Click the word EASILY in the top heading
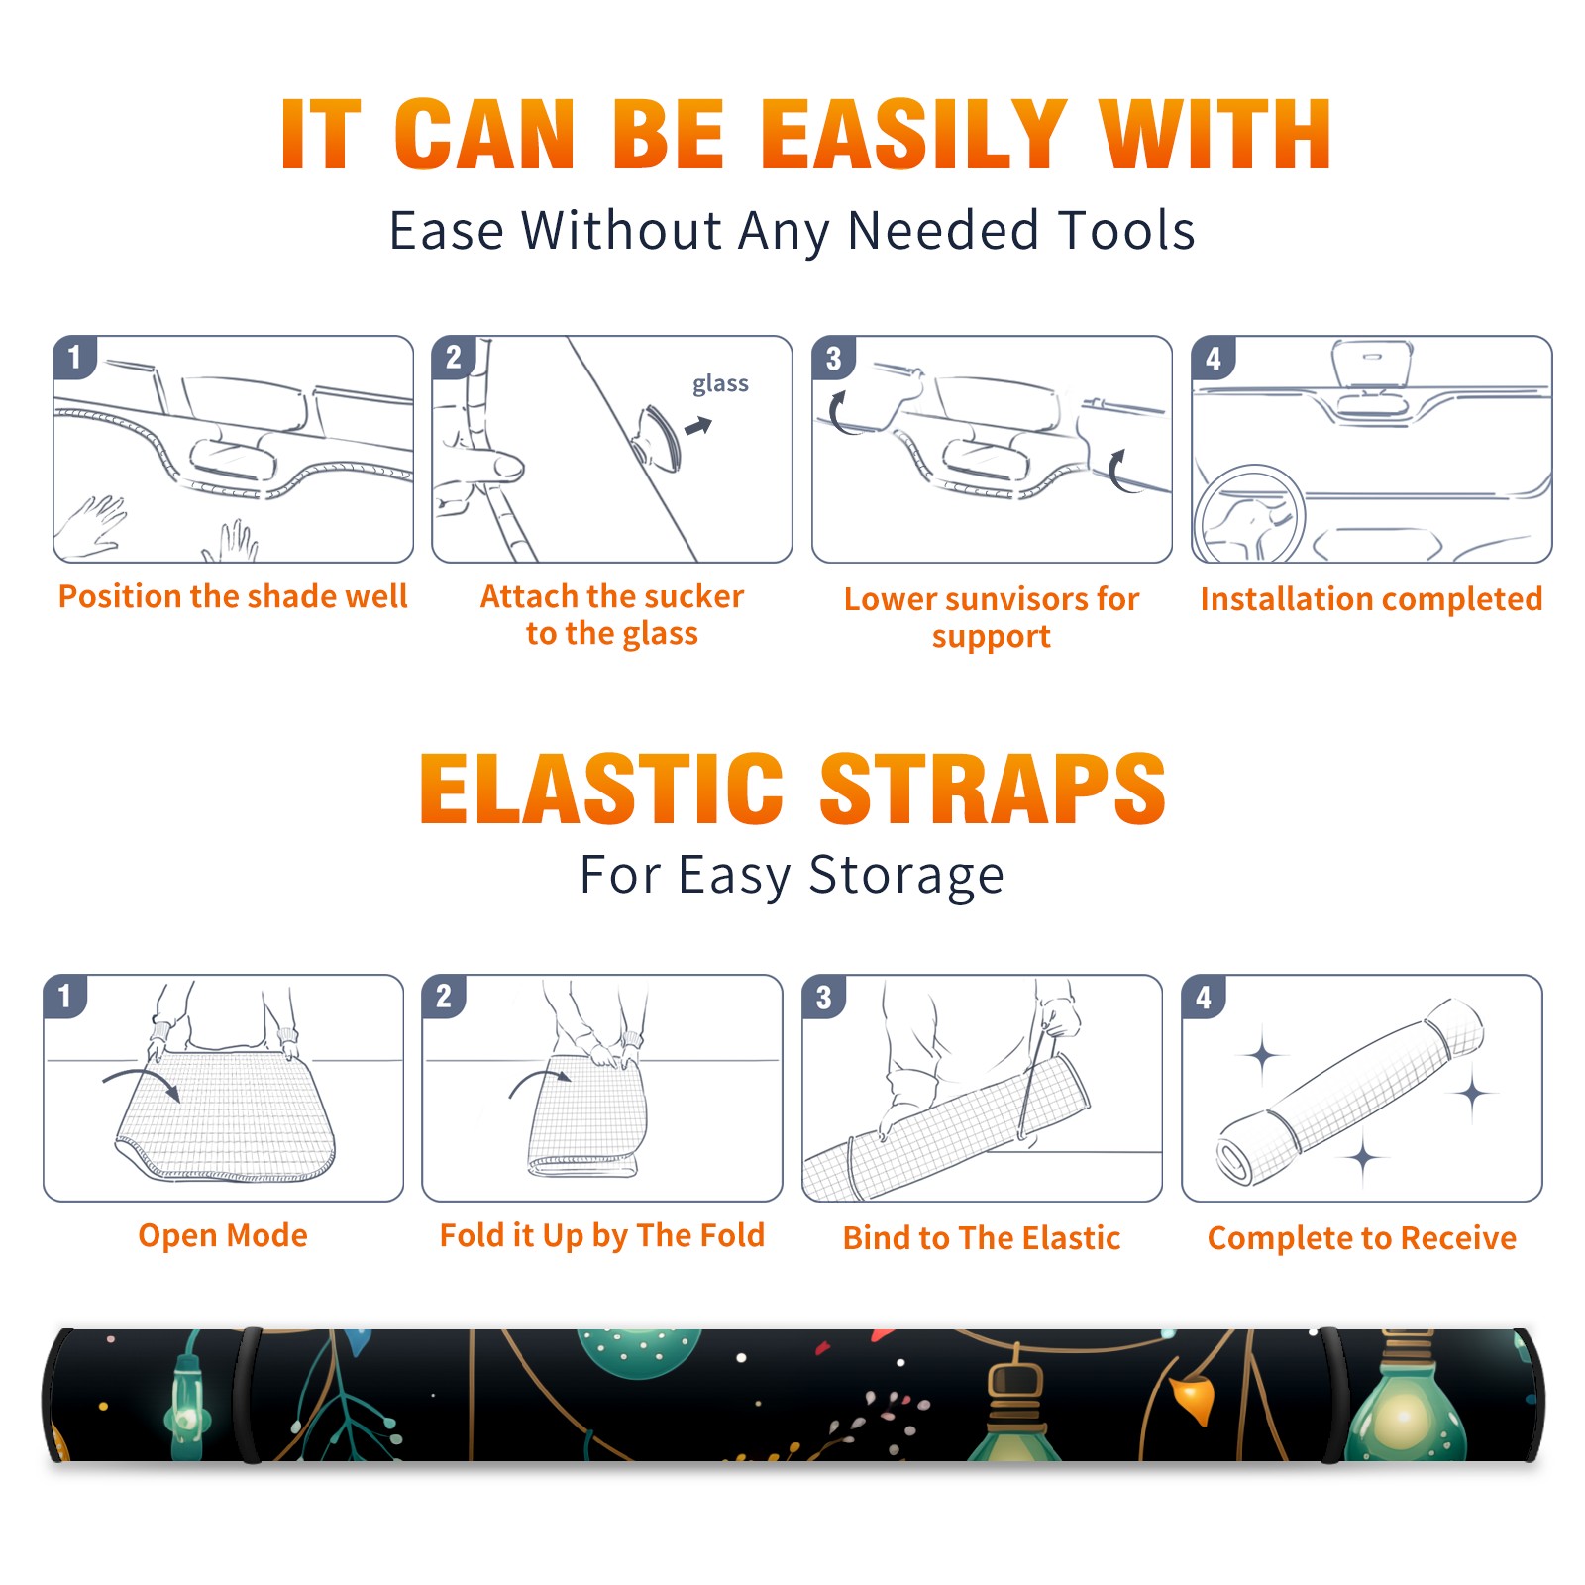[913, 135]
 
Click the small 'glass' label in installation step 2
[720, 384]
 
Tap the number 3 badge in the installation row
[833, 359]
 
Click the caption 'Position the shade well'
[233, 596]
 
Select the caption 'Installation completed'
[1371, 599]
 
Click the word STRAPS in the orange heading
[993, 789]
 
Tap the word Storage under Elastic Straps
[906, 876]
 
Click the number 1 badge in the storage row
[65, 996]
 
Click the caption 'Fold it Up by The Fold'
[602, 1235]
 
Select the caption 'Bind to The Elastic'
[982, 1238]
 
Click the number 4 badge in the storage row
[1204, 997]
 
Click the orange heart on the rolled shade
[1193, 1398]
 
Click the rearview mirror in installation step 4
[1371, 363]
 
